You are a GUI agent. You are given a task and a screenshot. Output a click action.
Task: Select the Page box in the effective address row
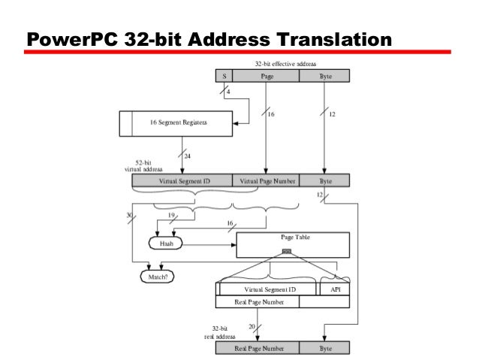[266, 76]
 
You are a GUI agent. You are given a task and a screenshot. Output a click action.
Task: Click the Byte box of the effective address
[324, 76]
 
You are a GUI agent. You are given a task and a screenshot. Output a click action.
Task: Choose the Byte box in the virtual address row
[324, 181]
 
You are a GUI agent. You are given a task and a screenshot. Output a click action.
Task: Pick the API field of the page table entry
[333, 289]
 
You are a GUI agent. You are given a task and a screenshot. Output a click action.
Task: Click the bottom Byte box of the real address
[324, 348]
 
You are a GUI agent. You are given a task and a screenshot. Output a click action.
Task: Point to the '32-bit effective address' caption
[285, 65]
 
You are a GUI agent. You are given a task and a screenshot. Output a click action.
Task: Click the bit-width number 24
[189, 156]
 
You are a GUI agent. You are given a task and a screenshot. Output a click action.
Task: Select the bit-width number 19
[172, 215]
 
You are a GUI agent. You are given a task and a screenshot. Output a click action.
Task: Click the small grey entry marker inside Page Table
[285, 251]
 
